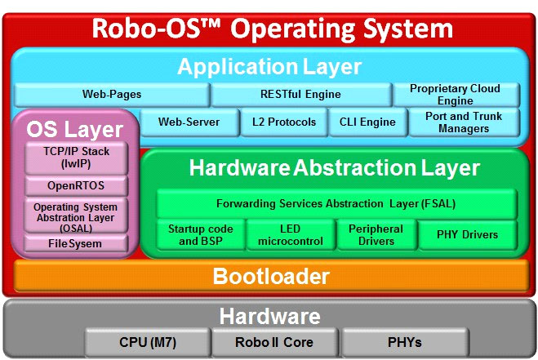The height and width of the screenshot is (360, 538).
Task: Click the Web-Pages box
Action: (x=112, y=95)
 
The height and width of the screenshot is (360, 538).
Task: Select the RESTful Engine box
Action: (x=301, y=95)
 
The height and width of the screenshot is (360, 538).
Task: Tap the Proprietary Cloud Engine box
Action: (x=455, y=95)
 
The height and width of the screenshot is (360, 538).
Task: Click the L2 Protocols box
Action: (x=278, y=122)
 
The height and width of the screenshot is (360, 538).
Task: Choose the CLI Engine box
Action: (x=367, y=122)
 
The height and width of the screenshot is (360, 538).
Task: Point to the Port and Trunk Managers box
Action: (x=463, y=122)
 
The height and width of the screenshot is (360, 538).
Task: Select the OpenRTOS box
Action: (x=75, y=185)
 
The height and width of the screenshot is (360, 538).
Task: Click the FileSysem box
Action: (x=75, y=243)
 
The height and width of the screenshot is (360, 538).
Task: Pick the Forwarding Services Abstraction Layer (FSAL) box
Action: (x=336, y=203)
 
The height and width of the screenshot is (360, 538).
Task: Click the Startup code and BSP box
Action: (x=199, y=235)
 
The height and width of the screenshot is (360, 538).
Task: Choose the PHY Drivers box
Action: (x=468, y=235)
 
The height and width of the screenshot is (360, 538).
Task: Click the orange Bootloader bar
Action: (x=270, y=276)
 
